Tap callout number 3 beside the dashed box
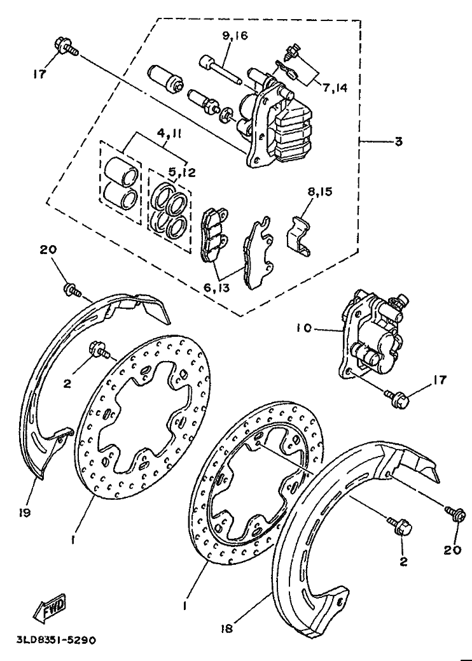click(x=398, y=141)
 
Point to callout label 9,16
click(x=235, y=36)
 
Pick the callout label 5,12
click(x=183, y=173)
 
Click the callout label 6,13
click(x=216, y=288)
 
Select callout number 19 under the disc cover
click(x=24, y=514)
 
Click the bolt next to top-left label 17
click(x=66, y=46)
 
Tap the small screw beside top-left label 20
click(x=72, y=290)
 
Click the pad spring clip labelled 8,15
click(x=300, y=236)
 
